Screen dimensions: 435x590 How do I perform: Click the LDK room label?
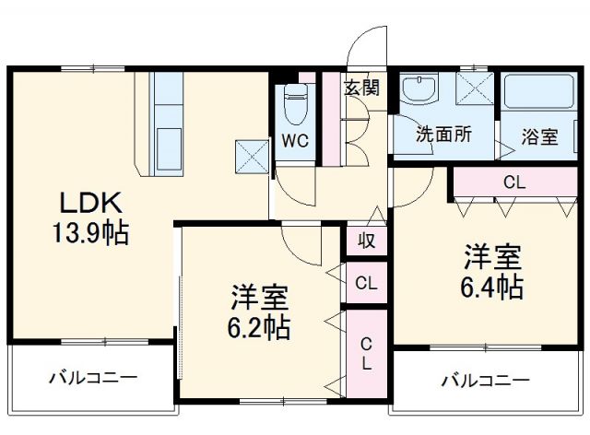coord(91,203)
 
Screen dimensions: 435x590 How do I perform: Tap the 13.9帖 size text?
coord(90,234)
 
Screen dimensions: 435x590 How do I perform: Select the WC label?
coord(295,140)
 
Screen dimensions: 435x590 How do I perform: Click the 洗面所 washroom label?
coord(443,133)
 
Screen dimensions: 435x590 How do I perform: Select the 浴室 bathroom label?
coord(539,136)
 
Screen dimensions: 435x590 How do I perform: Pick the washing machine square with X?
coord(477,90)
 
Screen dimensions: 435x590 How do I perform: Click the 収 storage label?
coord(366,241)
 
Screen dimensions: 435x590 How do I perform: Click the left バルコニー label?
coord(92,377)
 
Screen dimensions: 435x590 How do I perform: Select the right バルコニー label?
coord(485,380)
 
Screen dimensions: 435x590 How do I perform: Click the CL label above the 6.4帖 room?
coord(513,182)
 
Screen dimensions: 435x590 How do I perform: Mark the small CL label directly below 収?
coord(366,283)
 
